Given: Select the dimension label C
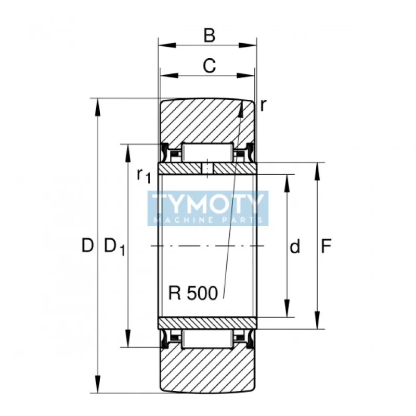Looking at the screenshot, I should [x=209, y=66].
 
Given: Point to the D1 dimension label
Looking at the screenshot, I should [x=114, y=247].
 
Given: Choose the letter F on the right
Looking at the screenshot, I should [x=326, y=246].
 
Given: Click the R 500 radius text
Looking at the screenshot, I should [x=193, y=293].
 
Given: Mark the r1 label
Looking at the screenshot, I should [x=143, y=175].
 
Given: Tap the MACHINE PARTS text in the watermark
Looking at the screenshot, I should [x=208, y=220].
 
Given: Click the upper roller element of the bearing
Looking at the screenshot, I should [x=207, y=152].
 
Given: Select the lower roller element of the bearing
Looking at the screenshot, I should [x=207, y=339].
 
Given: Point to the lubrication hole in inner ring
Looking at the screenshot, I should [x=207, y=169].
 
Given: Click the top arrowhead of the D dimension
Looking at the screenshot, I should [x=97, y=103].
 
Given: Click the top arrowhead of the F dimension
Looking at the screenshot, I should [x=317, y=167].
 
